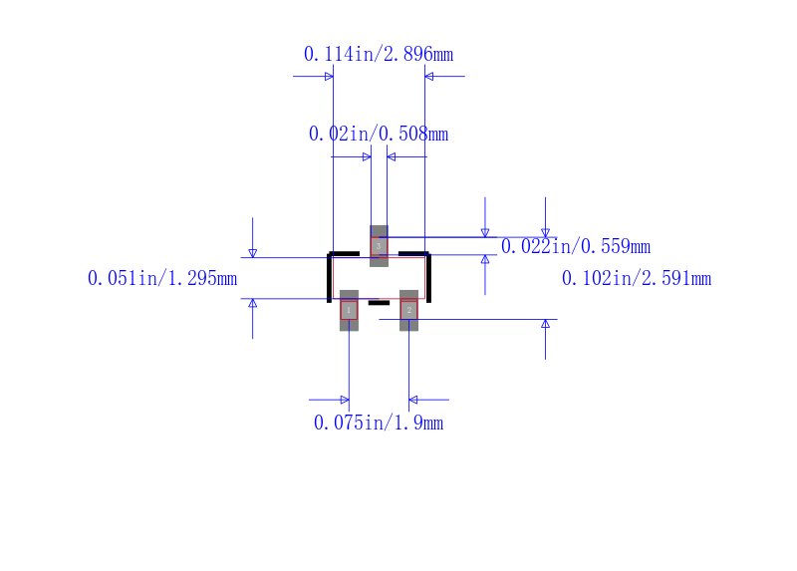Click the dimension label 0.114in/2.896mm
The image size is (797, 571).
(x=379, y=54)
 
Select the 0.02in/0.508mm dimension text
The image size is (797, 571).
(x=379, y=135)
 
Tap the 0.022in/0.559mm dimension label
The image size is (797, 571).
(x=576, y=246)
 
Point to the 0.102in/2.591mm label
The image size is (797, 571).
(x=637, y=279)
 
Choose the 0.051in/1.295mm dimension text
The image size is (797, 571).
(x=162, y=279)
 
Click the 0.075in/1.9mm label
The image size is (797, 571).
(x=379, y=424)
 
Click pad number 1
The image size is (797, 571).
(x=349, y=310)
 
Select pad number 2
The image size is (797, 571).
(x=409, y=310)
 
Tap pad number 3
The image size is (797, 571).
(x=379, y=246)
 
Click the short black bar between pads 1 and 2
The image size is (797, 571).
(x=379, y=303)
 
